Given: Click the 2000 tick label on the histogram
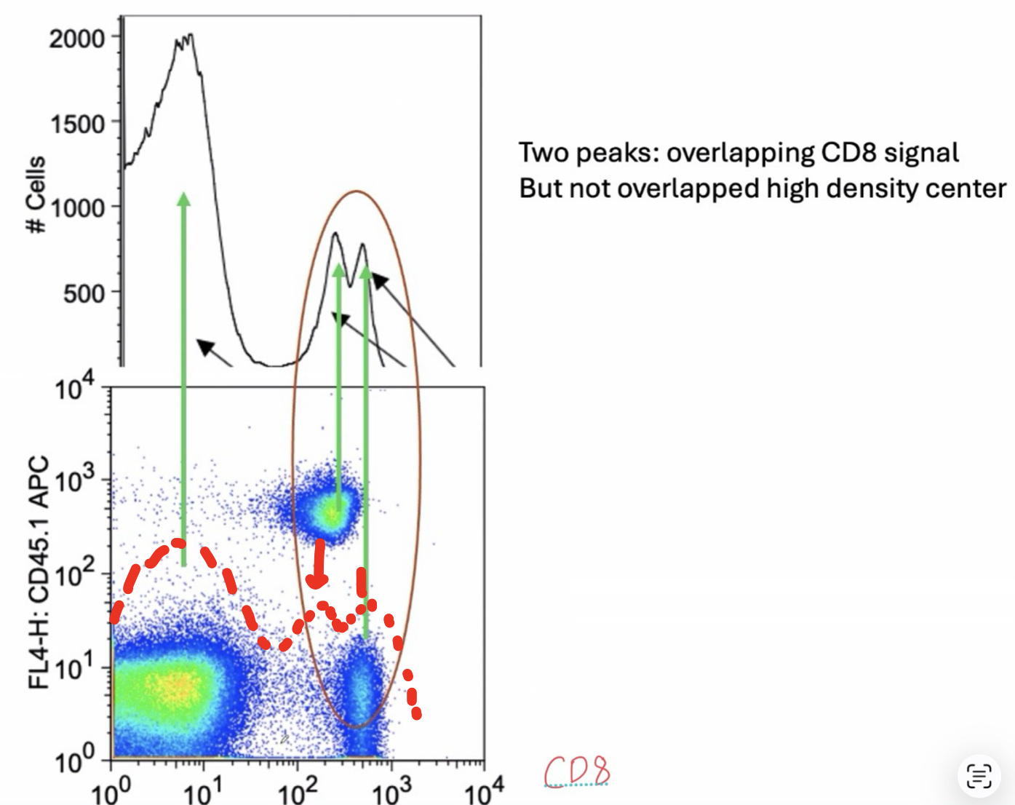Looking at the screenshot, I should [x=76, y=38].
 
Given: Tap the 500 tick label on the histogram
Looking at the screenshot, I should [x=84, y=294].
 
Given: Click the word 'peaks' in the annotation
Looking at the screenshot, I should [x=618, y=153].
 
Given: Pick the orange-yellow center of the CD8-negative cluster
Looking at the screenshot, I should [x=175, y=684].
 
